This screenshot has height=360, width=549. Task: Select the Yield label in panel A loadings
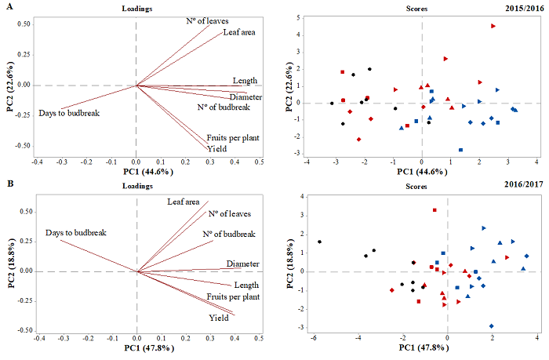pyautogui.click(x=216, y=148)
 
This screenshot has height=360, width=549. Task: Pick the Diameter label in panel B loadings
pyautogui.click(x=242, y=264)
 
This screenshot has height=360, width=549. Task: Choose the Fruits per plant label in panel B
pyautogui.click(x=233, y=297)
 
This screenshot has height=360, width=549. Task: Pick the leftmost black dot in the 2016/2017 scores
pyautogui.click(x=319, y=242)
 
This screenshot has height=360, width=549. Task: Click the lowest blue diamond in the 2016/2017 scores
pyautogui.click(x=492, y=325)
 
